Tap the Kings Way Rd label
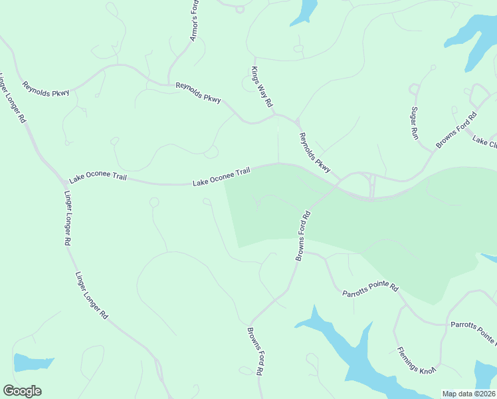(x=262, y=86)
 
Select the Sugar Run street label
(x=415, y=122)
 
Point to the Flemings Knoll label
(x=415, y=363)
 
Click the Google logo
(x=22, y=391)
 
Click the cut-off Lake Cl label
(x=485, y=141)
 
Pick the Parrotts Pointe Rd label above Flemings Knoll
(x=369, y=290)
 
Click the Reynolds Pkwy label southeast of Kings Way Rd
(x=315, y=153)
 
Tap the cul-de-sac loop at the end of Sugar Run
(x=415, y=89)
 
